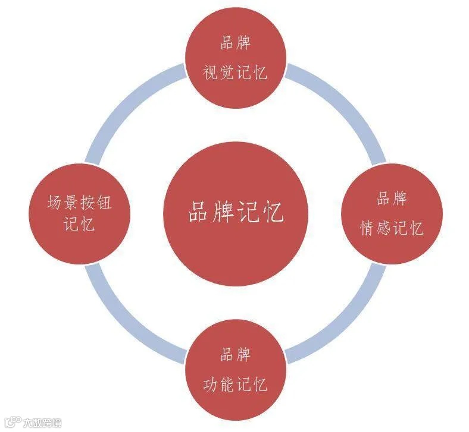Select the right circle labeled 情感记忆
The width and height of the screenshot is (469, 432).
coord(391,214)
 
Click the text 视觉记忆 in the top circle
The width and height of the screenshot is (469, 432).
coord(234,73)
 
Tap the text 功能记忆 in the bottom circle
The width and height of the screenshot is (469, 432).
coord(234,384)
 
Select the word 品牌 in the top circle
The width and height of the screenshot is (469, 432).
coord(234,44)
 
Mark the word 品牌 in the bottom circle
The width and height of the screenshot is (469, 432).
coord(234,355)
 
